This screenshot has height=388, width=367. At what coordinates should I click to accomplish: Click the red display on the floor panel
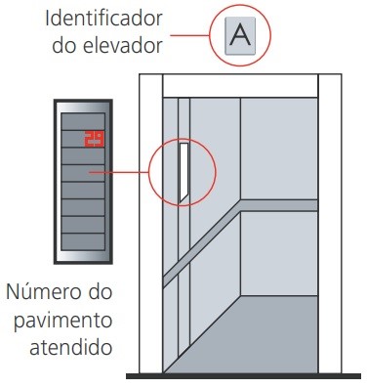click(94, 138)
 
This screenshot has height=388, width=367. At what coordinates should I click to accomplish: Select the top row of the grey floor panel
click(83, 121)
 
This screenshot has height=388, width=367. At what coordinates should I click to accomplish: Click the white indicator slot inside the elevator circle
click(183, 172)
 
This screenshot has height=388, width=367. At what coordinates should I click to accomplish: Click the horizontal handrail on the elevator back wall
click(277, 205)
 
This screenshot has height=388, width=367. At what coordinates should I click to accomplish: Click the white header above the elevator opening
click(239, 83)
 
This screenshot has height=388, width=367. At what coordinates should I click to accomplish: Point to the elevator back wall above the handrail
click(277, 147)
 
